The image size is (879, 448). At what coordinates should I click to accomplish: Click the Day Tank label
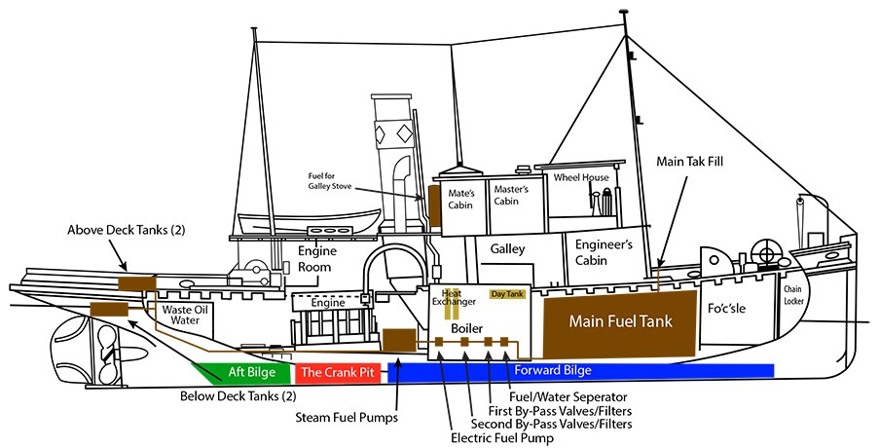[507, 293]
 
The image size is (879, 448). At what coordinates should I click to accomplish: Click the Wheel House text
[581, 178]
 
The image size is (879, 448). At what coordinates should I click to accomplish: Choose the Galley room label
[507, 249]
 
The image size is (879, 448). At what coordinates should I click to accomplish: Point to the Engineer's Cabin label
[604, 251]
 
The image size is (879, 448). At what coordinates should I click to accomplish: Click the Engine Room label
[316, 258]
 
